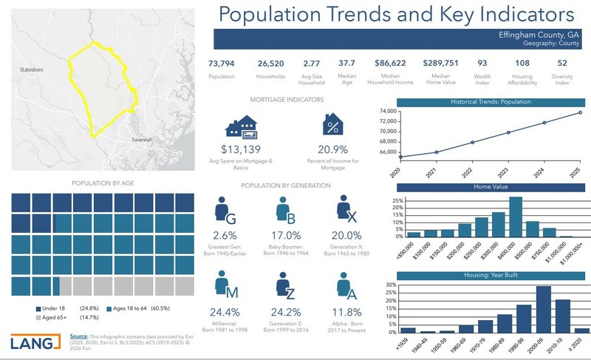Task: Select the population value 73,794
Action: pos(222,64)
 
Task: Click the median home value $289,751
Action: pos(440,64)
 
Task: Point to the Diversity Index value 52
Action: pos(562,64)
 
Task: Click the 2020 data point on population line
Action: pos(400,157)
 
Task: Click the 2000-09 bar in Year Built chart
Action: pos(543,309)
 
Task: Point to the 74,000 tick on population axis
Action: pos(389,112)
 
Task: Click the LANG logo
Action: pos(36,342)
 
